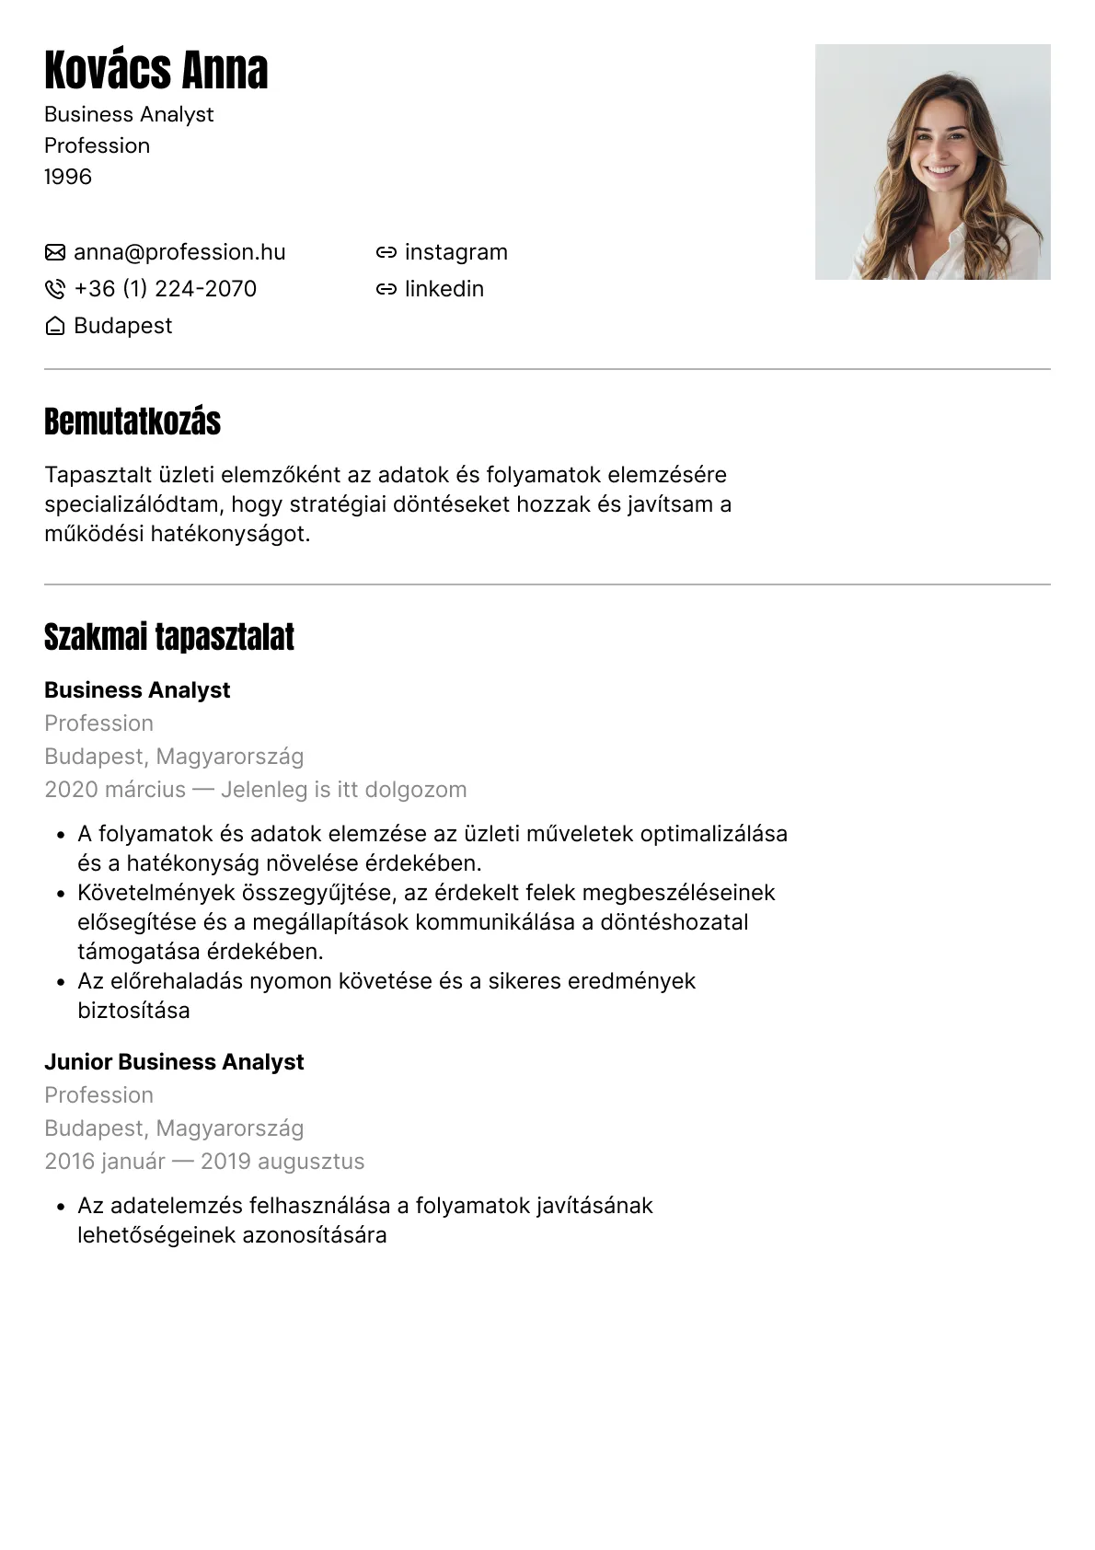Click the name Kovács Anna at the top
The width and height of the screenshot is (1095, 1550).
[x=156, y=70]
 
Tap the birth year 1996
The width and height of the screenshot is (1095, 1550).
[x=68, y=177]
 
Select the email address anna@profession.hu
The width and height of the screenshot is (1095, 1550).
[x=179, y=252]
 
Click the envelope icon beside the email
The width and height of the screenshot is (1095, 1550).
[x=55, y=252]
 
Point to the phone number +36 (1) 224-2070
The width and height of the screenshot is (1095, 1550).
[x=165, y=289]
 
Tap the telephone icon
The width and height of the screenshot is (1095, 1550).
[x=55, y=289]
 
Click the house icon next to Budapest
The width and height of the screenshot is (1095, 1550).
[x=55, y=326]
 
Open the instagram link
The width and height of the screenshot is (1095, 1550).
[x=455, y=252]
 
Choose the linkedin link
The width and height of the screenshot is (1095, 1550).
[x=444, y=289]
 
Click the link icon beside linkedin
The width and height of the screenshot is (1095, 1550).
[x=386, y=289]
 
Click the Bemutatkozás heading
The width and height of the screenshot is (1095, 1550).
[x=133, y=422]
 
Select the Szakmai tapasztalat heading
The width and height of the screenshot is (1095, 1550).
[x=169, y=637]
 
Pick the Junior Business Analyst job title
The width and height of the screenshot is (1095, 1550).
[x=174, y=1062]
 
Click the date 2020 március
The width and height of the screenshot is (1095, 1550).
[x=115, y=790]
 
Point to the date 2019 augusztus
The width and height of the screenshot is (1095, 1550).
[x=282, y=1162]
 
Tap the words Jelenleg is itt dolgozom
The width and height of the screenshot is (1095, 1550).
[x=344, y=790]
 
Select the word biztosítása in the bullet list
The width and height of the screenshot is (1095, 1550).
[x=133, y=1011]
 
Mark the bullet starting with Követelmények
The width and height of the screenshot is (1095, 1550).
[x=61, y=894]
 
